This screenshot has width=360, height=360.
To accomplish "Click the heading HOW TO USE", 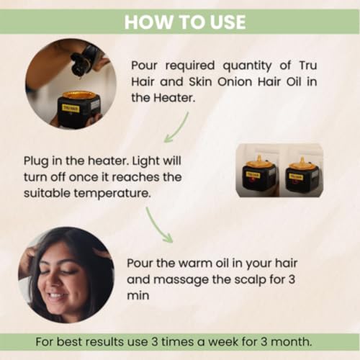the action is [x=185, y=22].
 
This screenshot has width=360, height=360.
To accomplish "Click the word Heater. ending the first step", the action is [x=174, y=98].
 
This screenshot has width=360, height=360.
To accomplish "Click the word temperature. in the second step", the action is [x=112, y=194].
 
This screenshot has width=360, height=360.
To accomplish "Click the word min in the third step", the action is [x=138, y=295].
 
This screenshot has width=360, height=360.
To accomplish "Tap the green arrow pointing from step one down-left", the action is [x=177, y=128].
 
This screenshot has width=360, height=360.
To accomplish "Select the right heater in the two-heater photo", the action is [x=302, y=176].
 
